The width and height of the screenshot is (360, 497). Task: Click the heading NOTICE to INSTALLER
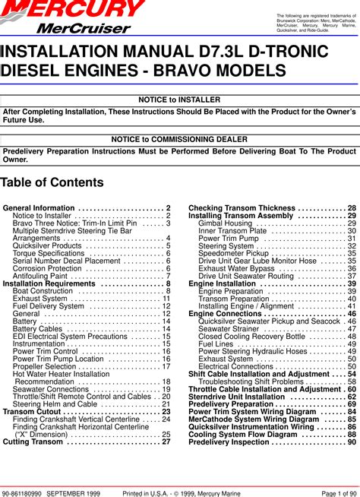click(180, 100)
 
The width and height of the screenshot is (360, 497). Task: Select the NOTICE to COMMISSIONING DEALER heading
click(180, 140)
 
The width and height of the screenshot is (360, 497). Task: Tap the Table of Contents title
click(52, 182)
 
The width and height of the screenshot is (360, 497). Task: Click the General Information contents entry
click(39, 208)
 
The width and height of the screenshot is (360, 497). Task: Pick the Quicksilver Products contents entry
click(48, 245)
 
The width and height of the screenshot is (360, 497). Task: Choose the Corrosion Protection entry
click(49, 268)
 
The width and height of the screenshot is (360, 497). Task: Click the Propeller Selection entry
click(47, 366)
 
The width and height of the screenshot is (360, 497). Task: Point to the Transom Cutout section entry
click(37, 411)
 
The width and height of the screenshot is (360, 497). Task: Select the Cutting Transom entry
click(35, 442)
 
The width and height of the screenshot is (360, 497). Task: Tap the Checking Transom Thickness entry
click(241, 208)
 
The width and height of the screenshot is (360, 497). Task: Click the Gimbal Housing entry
click(226, 223)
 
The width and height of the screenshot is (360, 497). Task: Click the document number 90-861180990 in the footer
click(21, 492)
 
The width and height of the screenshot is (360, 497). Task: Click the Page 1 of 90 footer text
click(336, 492)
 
